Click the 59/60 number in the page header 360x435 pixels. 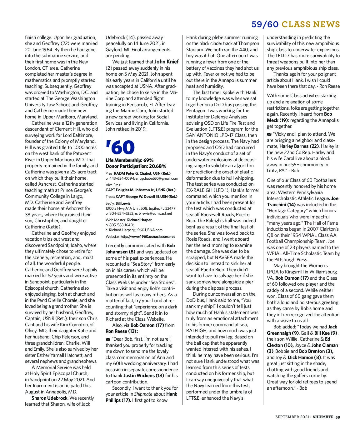[x=265, y=24]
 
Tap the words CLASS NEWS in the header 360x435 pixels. [x=311, y=24]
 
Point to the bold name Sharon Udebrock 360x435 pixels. [x=49, y=398]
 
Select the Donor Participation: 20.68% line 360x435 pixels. [x=136, y=166]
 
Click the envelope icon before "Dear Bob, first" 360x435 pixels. [x=108, y=339]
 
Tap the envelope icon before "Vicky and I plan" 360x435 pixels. [x=269, y=134]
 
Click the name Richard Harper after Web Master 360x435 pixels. [x=140, y=220]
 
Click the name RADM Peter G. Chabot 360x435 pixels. [x=138, y=173]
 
